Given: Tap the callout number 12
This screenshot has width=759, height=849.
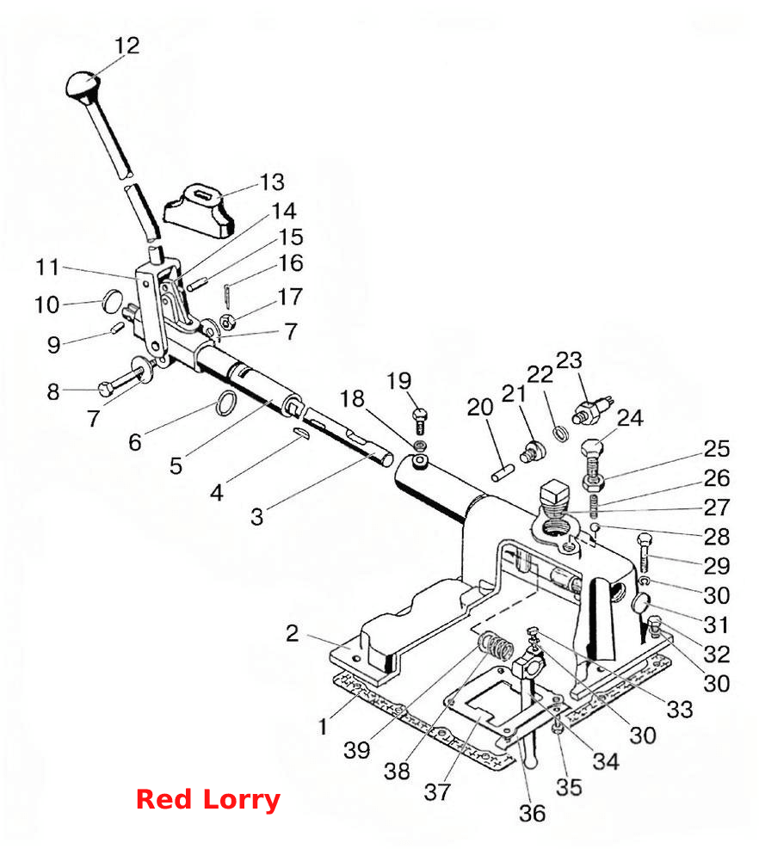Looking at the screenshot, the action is (x=126, y=46).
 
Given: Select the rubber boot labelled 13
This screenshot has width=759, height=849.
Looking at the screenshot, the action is (x=199, y=210).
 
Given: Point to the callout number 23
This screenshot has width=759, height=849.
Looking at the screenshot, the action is (x=569, y=360).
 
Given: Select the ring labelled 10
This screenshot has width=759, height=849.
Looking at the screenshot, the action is (x=113, y=301).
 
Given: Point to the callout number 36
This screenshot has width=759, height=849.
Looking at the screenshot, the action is (x=532, y=813).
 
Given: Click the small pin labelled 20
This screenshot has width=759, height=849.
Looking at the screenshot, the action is (x=503, y=471).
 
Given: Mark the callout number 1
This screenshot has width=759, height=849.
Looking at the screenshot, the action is (x=324, y=726).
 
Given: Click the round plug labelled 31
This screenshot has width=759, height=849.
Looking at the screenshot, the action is (x=642, y=603).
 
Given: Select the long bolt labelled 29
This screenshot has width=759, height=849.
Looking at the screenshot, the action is (x=645, y=553).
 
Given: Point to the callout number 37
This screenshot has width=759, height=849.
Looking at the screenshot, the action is (x=436, y=792).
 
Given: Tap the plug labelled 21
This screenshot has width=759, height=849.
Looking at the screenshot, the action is (x=531, y=452).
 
